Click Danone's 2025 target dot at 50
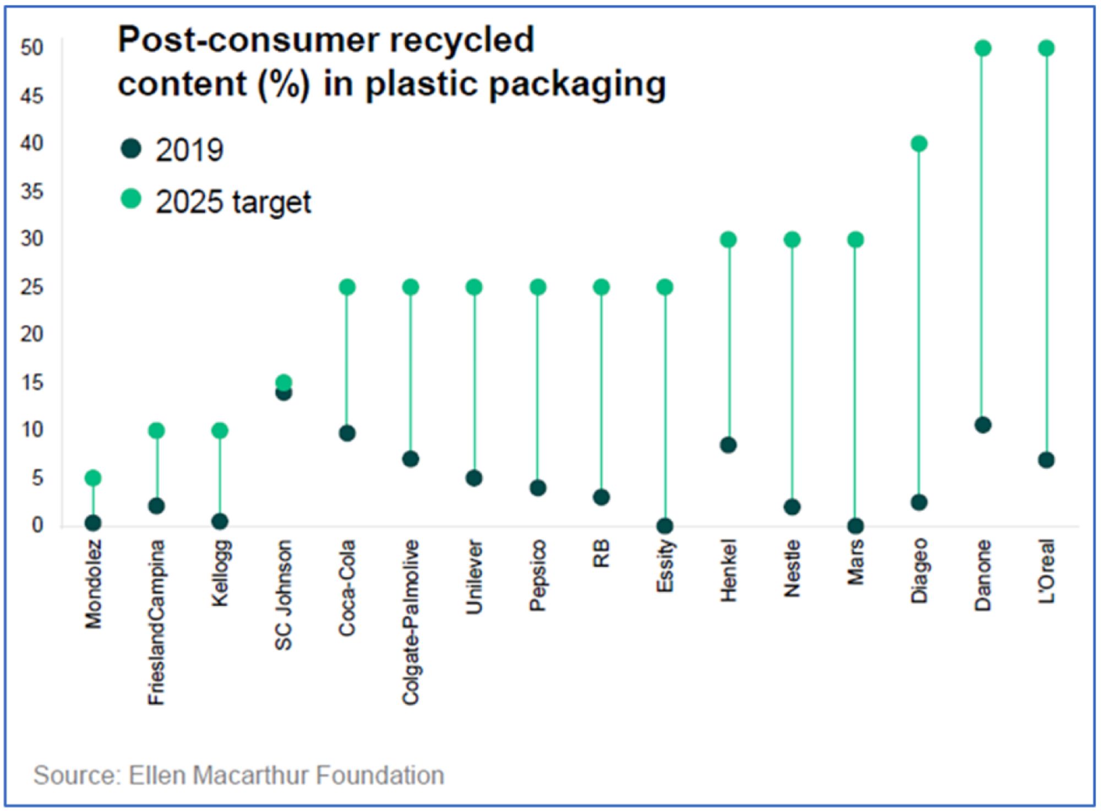(983, 48)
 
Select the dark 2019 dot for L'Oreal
(1046, 460)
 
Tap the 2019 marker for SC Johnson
(284, 393)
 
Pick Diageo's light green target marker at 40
(919, 144)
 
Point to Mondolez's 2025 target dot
(93, 477)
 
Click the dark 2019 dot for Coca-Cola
(347, 433)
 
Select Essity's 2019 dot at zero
(665, 526)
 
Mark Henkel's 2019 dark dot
(728, 445)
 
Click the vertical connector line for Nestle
(792, 374)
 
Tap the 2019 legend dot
(131, 148)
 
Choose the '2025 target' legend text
(233, 202)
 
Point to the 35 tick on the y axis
(32, 192)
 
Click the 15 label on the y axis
(32, 382)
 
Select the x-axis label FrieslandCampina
(156, 622)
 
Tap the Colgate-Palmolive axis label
(411, 622)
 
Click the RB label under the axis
(602, 553)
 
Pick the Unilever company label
(475, 576)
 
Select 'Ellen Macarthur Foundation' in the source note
(286, 775)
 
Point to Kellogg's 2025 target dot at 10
(220, 430)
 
